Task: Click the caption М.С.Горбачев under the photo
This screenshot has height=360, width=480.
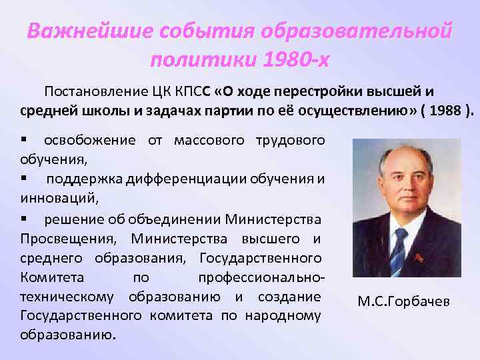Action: pyautogui.click(x=404, y=301)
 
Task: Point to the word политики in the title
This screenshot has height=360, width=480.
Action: pyautogui.click(x=201, y=60)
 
